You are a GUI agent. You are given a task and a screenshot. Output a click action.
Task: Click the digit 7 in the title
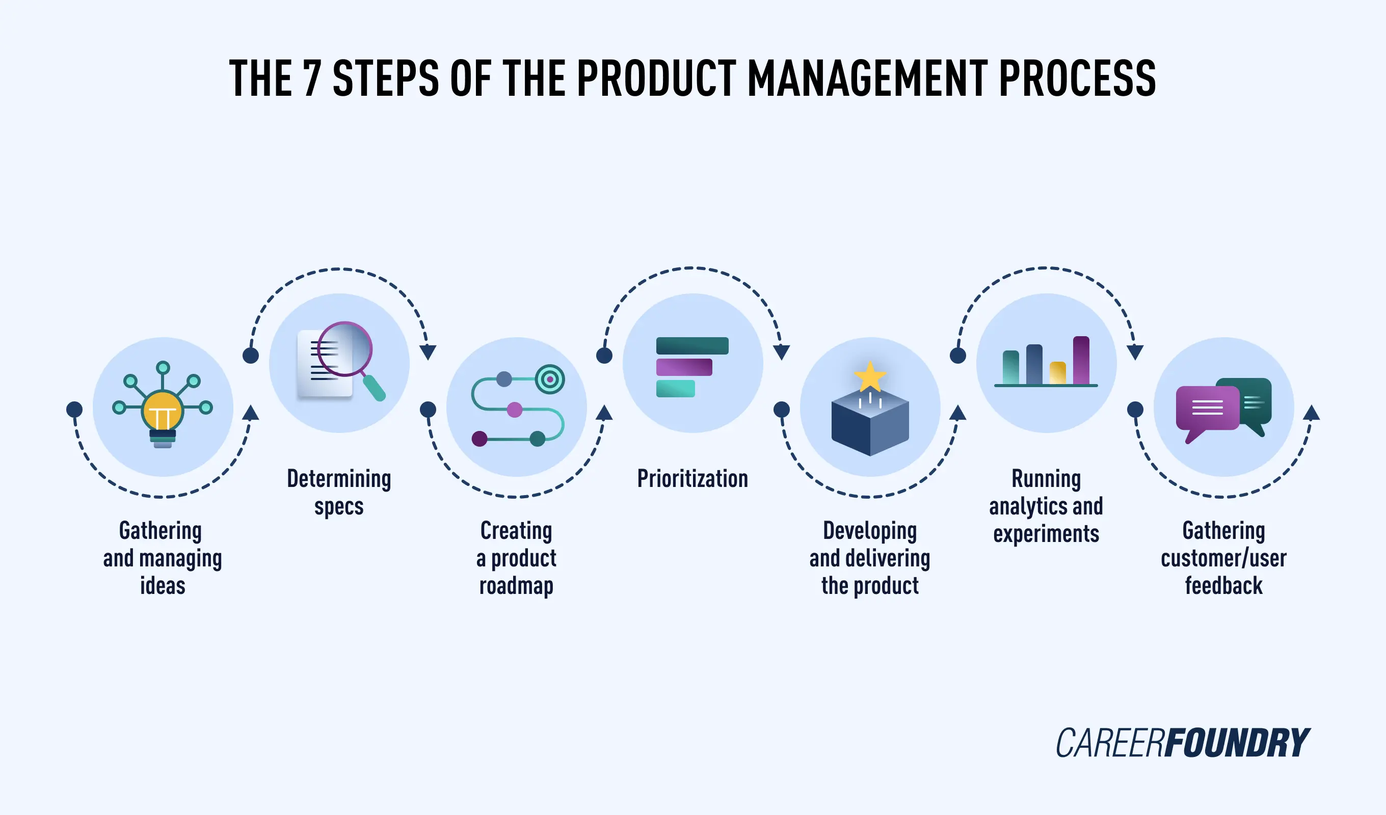312,78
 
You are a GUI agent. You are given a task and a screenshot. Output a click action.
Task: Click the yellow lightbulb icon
162,412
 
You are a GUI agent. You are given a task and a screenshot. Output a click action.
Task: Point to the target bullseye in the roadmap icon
549,379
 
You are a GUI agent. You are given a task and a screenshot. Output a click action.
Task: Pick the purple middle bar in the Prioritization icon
684,367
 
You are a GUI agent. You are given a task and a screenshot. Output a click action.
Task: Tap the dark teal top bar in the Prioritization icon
692,346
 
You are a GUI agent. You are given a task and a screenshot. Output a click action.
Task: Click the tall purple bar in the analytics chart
1081,360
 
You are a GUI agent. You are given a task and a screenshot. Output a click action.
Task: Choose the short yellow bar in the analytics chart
1057,373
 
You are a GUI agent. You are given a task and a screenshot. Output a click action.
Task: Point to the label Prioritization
692,478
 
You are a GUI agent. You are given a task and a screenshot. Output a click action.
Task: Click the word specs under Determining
339,506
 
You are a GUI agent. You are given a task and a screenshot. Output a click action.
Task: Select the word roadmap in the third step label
516,586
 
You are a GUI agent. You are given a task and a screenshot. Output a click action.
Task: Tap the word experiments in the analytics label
1046,534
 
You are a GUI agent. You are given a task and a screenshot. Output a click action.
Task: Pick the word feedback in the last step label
1223,586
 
